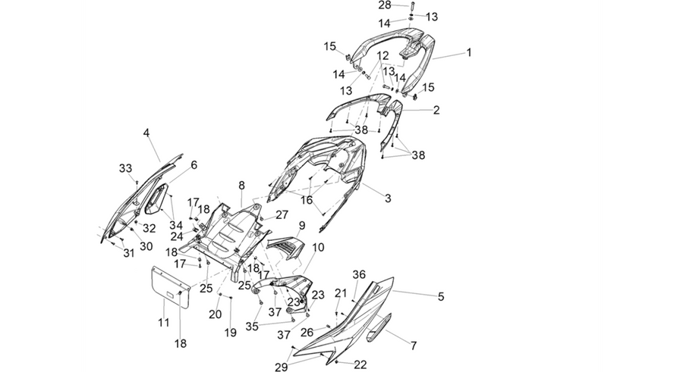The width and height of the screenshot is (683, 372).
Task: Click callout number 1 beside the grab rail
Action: [x=469, y=52]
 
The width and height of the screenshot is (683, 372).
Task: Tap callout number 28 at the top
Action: [x=385, y=5]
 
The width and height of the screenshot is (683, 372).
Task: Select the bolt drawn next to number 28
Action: [x=411, y=7]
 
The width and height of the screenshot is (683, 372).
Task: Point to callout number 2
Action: [x=436, y=110]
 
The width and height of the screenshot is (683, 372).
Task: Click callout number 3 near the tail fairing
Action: [x=388, y=199]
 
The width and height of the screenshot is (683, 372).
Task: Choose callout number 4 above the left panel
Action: [x=146, y=133]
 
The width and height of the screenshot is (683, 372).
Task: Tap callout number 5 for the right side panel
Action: [x=441, y=297]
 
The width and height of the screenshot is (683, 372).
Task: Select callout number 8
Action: [x=241, y=186]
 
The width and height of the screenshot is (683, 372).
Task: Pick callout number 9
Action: [x=302, y=226]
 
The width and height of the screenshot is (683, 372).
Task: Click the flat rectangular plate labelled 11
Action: [x=170, y=286]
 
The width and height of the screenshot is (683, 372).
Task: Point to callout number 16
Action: [x=307, y=200]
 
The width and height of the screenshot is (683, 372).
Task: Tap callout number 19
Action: [x=231, y=333]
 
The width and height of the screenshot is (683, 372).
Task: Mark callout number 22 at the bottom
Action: [x=360, y=364]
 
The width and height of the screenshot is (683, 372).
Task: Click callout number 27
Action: [x=282, y=214]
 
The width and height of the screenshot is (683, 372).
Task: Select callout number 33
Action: [x=125, y=168]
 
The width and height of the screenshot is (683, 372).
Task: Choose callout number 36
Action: [x=359, y=274]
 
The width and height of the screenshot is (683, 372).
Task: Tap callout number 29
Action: [x=282, y=367]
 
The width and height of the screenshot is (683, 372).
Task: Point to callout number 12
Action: [x=382, y=56]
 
